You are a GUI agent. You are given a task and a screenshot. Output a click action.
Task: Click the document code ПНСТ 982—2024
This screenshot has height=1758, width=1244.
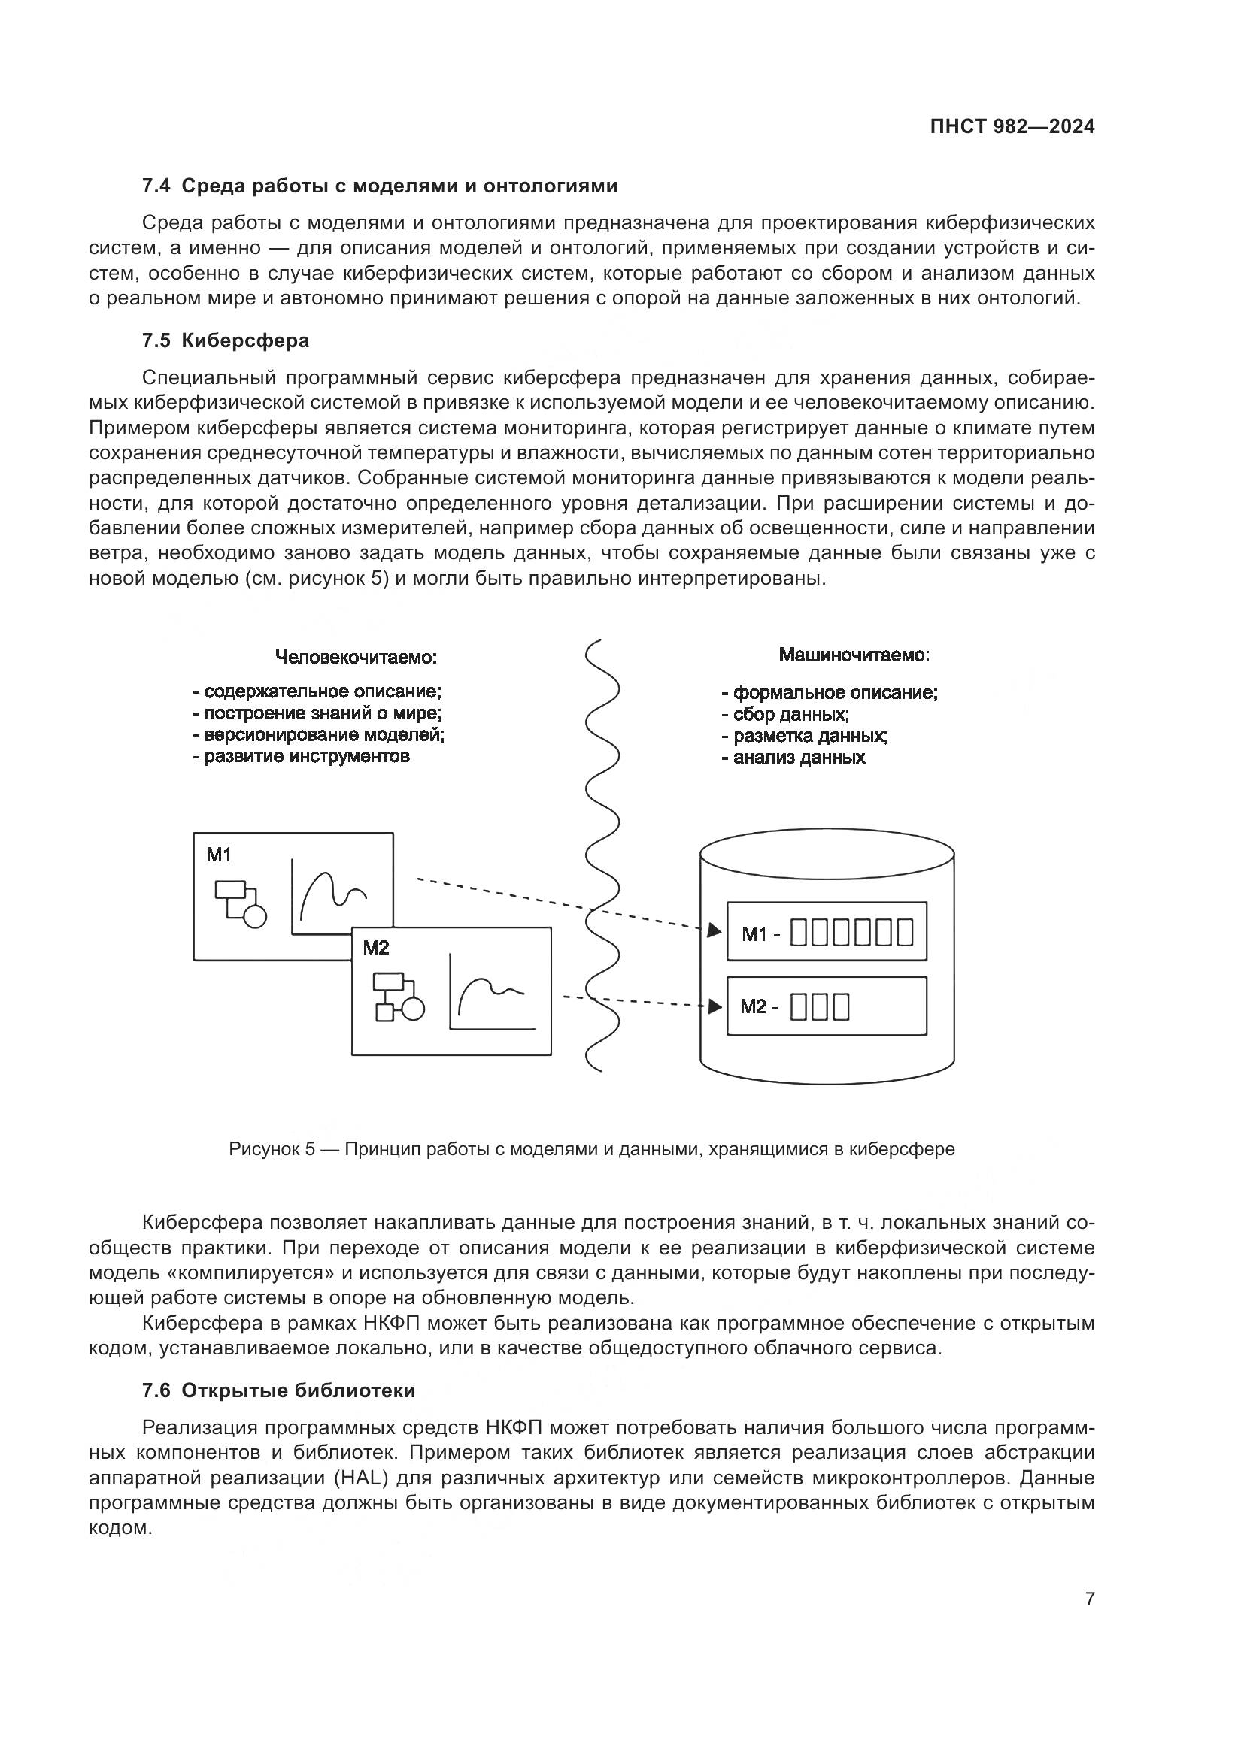1012,127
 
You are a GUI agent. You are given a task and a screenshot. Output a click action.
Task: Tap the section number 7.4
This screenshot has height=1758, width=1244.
157,186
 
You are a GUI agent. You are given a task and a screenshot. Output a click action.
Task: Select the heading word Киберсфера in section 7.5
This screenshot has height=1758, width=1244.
245,340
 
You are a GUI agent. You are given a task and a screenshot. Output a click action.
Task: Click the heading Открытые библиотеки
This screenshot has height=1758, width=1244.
298,1390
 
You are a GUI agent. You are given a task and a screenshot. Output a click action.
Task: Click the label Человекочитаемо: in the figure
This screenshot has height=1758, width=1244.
357,657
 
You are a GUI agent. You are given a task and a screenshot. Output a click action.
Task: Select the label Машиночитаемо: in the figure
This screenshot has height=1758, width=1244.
854,655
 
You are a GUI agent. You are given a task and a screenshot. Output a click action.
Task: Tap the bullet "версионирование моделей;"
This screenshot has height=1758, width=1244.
319,734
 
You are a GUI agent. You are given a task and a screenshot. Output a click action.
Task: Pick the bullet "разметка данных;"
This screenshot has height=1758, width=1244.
805,736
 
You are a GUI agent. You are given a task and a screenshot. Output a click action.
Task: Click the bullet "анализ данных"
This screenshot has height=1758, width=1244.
793,758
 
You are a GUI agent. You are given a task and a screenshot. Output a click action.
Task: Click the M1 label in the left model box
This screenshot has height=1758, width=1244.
218,855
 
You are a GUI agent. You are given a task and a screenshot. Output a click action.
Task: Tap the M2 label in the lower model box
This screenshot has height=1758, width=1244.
375,948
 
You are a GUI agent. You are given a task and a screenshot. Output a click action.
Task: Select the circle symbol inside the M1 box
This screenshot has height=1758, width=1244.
255,916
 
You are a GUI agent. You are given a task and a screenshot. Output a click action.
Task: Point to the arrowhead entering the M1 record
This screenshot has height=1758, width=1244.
714,931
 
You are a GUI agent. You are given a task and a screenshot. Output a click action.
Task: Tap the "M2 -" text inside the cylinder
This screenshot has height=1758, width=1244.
758,1006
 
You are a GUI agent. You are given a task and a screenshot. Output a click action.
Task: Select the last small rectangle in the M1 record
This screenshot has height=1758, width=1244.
906,933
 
